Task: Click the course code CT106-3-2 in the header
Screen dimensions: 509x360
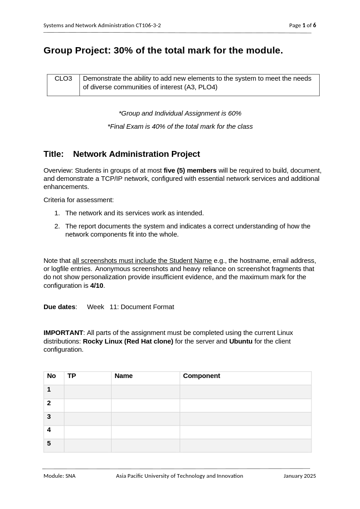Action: tap(148, 25)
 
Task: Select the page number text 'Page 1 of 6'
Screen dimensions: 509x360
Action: tap(302, 25)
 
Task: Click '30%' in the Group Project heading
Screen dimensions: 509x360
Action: tap(123, 50)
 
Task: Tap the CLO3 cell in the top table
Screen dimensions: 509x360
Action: tap(63, 79)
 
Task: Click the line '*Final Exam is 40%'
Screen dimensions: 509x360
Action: tap(180, 126)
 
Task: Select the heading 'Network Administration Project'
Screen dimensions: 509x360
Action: tap(136, 154)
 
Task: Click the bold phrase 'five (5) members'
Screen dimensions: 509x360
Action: tap(190, 170)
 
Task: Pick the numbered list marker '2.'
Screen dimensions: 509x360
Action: tap(57, 226)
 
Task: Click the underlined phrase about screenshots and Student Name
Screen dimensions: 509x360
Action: tap(142, 261)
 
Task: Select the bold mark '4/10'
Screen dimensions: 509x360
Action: tap(97, 286)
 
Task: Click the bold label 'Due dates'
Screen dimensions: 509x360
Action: tap(59, 307)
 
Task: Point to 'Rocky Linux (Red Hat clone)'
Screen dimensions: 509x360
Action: tap(128, 341)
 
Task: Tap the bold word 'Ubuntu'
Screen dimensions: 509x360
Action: tap(241, 341)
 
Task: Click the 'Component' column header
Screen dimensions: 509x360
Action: tap(201, 376)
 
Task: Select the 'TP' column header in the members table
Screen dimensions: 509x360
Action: tap(72, 376)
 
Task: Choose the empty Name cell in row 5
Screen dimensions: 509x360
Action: tap(145, 446)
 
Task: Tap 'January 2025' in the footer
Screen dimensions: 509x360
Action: tap(299, 476)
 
